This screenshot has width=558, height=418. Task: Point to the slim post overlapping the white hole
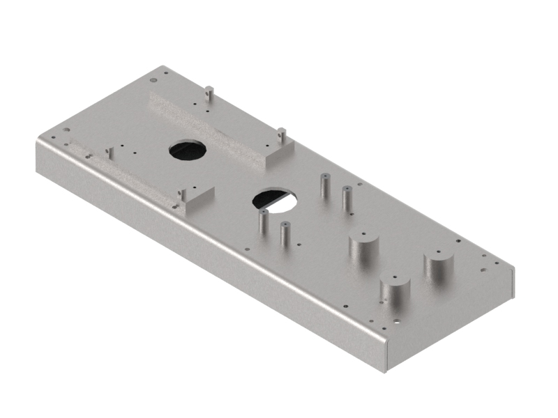click(x=263, y=222)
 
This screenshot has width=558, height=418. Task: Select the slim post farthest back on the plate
click(x=324, y=186)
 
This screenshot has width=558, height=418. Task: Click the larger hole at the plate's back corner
click(x=165, y=70)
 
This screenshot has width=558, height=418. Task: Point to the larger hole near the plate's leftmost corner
click(x=66, y=130)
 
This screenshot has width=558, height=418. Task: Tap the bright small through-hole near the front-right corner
click(x=396, y=323)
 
